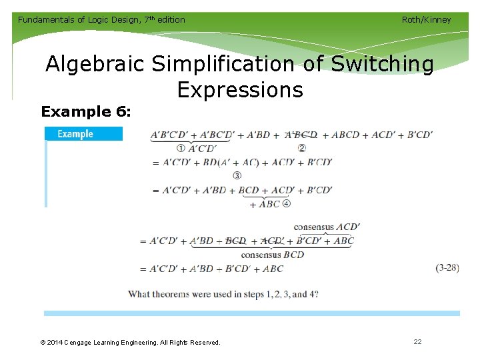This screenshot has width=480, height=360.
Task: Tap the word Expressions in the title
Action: click(x=240, y=89)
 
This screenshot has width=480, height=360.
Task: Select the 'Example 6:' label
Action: click(x=86, y=112)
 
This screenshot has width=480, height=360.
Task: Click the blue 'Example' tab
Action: click(x=83, y=134)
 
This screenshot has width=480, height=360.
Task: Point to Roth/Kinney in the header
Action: click(x=426, y=20)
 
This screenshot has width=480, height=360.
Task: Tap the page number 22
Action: click(x=417, y=341)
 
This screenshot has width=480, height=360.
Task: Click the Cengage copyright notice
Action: click(x=130, y=342)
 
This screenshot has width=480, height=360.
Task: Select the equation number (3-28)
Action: click(x=447, y=268)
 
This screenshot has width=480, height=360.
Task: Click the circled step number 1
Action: click(x=181, y=148)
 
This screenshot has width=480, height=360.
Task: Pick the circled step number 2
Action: click(x=301, y=148)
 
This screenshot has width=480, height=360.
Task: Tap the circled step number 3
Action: click(x=237, y=175)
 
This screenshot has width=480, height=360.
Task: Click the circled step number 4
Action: click(x=287, y=204)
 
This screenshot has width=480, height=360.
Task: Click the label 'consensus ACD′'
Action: click(x=327, y=227)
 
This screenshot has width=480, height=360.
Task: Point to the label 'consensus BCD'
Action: click(x=272, y=255)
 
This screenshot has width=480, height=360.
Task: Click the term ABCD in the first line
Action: click(x=345, y=135)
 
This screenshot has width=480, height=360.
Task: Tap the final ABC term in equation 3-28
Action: click(x=273, y=269)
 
